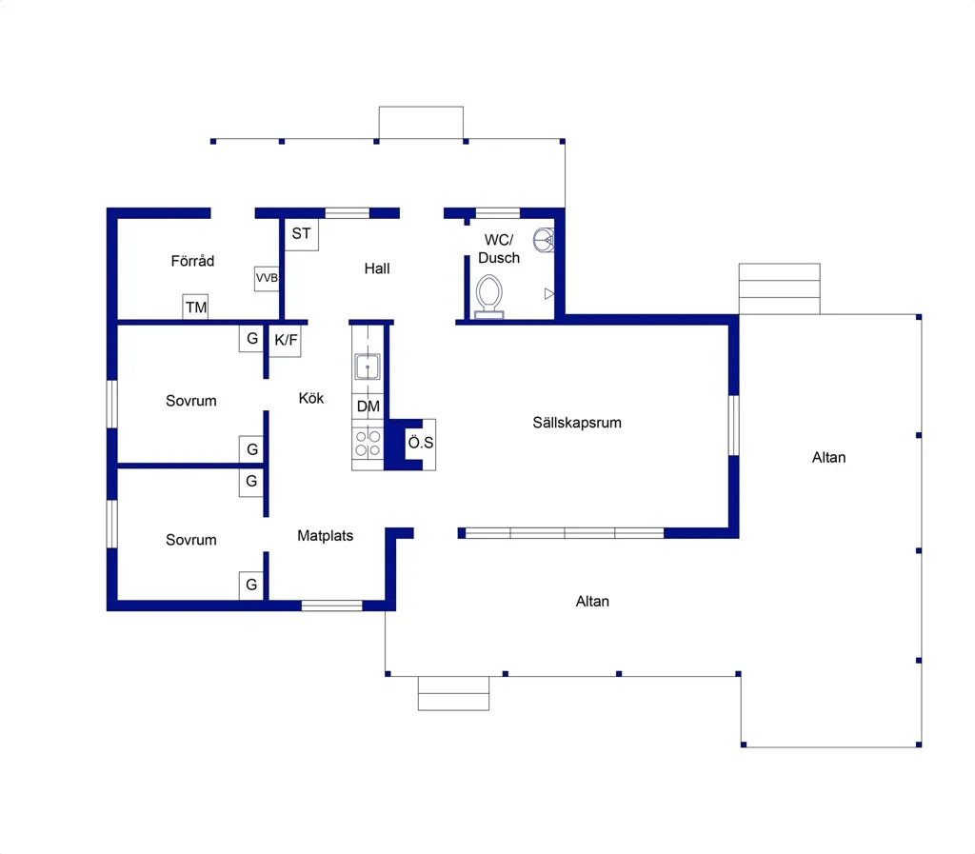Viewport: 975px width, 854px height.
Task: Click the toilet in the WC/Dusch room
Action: pos(489,297)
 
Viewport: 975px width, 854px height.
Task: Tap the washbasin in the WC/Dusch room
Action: pos(544,240)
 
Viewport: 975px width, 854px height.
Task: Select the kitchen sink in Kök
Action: pos(368,367)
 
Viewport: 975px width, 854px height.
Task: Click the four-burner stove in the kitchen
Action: pos(368,443)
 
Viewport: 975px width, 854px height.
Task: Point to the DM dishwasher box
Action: pos(368,407)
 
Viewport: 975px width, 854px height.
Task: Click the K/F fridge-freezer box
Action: pos(286,340)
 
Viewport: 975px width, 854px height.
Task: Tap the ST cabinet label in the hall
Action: pos(302,233)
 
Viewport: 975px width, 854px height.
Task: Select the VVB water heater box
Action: pos(267,278)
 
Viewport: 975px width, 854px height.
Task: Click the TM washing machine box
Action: pos(195,308)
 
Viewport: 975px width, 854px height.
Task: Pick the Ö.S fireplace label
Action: pos(421,443)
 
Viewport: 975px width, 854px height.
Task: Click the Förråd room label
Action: pos(192,261)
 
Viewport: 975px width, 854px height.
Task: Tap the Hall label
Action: pos(377,268)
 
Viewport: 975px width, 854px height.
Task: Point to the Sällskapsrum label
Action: pos(577,423)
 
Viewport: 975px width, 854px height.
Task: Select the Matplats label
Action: pos(326,536)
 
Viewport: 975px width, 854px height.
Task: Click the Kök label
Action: pos(311,398)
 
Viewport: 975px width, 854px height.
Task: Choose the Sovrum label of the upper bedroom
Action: pos(190,401)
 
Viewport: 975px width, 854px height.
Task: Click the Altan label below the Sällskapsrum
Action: pos(592,602)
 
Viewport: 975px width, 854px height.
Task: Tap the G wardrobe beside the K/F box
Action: pos(251,339)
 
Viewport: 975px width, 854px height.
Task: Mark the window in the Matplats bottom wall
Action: pos(332,606)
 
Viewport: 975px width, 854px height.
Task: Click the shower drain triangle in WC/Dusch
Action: pos(549,293)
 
